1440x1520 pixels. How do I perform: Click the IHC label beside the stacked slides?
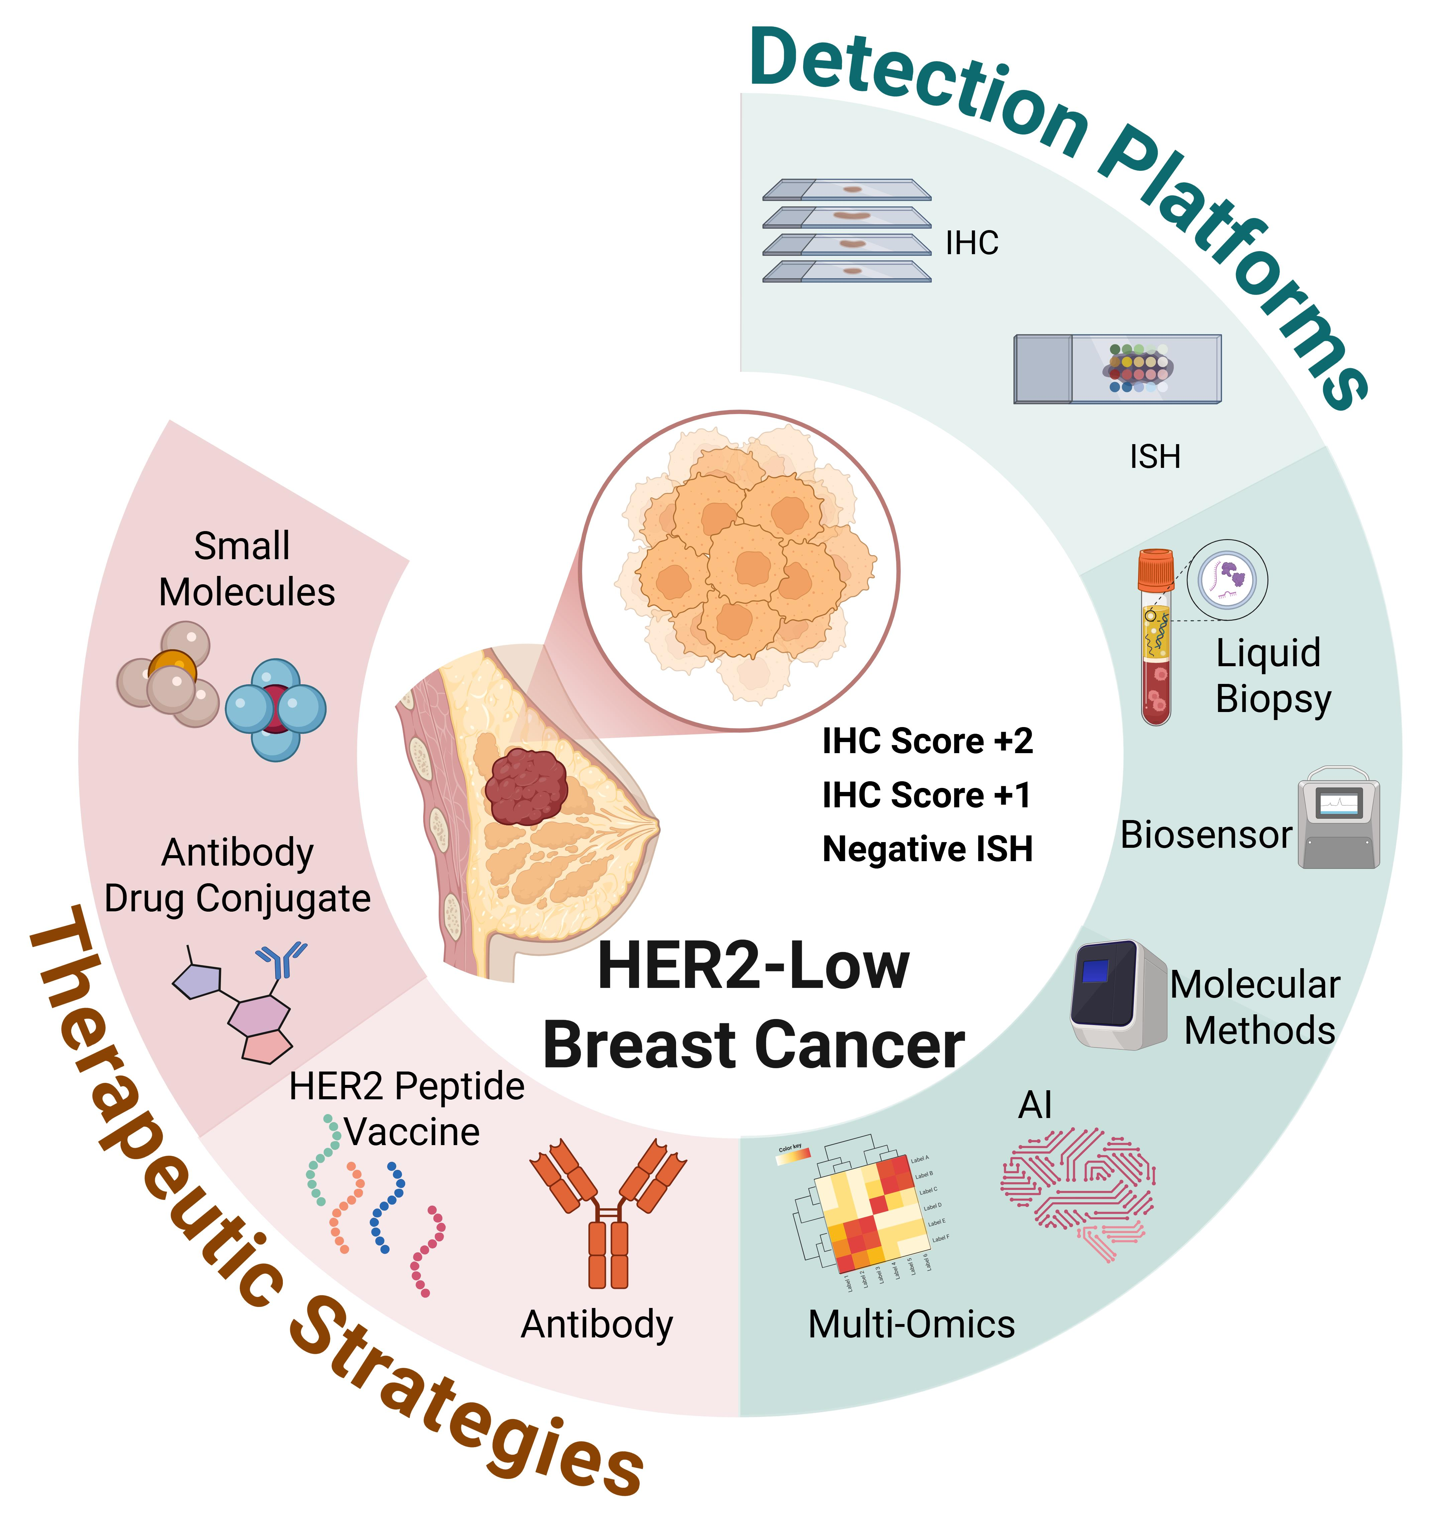tap(972, 243)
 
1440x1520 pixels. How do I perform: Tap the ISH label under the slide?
tap(1154, 458)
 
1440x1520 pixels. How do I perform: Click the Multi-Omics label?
tap(911, 1324)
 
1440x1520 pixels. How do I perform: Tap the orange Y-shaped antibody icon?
tap(609, 1213)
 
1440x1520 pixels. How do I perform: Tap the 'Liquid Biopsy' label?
tap(1273, 676)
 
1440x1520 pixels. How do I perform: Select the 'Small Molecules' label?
tap(246, 570)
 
